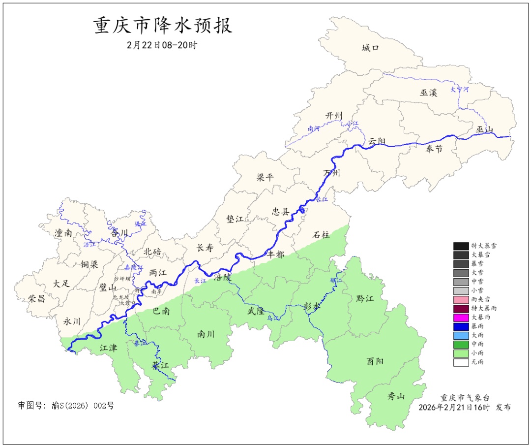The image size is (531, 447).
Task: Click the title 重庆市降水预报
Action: click(x=163, y=26)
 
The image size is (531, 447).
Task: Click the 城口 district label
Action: click(x=370, y=48)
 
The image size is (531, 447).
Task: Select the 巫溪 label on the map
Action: click(x=428, y=92)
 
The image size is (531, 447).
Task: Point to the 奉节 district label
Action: click(x=434, y=149)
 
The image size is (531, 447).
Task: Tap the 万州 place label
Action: click(x=332, y=173)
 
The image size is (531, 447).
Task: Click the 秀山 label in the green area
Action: click(x=396, y=395)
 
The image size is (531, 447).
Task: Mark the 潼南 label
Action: click(x=63, y=233)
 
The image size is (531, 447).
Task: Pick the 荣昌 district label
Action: click(x=36, y=298)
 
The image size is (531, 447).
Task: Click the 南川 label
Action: click(x=206, y=334)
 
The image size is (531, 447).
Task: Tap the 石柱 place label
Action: click(x=322, y=235)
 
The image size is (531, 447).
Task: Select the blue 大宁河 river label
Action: click(x=460, y=90)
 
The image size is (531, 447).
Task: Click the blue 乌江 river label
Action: click(x=273, y=319)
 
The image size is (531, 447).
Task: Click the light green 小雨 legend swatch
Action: click(x=461, y=353)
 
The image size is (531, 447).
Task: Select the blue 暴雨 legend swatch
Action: click(x=461, y=326)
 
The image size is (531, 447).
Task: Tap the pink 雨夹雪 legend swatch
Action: click(x=461, y=299)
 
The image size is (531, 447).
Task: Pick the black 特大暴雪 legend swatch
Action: click(x=461, y=246)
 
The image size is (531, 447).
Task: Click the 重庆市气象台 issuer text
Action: click(x=465, y=397)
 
